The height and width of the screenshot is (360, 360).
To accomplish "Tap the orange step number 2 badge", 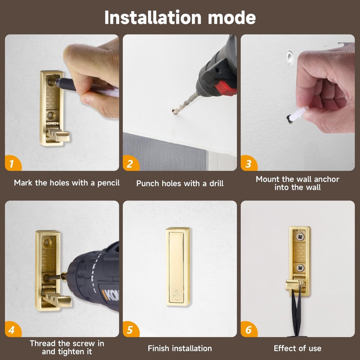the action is click(130, 163).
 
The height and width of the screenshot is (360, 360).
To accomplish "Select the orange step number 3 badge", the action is click(248, 163).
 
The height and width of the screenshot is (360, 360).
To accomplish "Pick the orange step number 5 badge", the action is click(130, 329).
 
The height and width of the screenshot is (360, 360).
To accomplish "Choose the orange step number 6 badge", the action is click(248, 329).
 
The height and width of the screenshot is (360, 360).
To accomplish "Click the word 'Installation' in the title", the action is click(153, 17).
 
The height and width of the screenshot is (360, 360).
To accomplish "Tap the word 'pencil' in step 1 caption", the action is click(108, 183).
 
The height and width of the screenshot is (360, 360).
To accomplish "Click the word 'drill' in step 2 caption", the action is click(216, 183).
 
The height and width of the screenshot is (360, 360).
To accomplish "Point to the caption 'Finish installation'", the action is click(180, 348).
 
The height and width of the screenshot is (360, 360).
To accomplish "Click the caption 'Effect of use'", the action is click(298, 348).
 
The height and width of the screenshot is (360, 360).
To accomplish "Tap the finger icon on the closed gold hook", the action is click(177, 295).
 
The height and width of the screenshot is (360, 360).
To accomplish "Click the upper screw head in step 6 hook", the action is click(300, 237).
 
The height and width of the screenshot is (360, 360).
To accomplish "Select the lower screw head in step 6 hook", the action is click(300, 267).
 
